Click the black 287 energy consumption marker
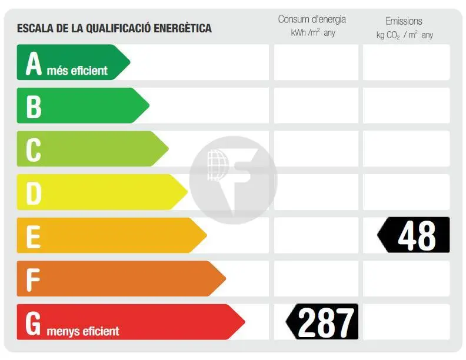[322, 322]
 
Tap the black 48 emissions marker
[414, 235]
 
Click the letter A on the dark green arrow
[34, 64]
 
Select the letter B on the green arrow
[34, 106]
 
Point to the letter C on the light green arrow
[34, 149]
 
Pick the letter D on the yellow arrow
[34, 193]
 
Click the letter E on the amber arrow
[34, 236]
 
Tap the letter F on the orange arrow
[34, 279]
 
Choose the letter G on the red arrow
[34, 322]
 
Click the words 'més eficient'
[77, 71]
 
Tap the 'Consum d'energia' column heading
[312, 19]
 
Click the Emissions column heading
[404, 21]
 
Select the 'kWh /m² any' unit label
[313, 33]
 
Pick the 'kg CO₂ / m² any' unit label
[405, 35]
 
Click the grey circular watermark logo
[234, 179]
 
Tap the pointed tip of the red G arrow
[244, 322]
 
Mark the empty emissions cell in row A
[406, 62]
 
